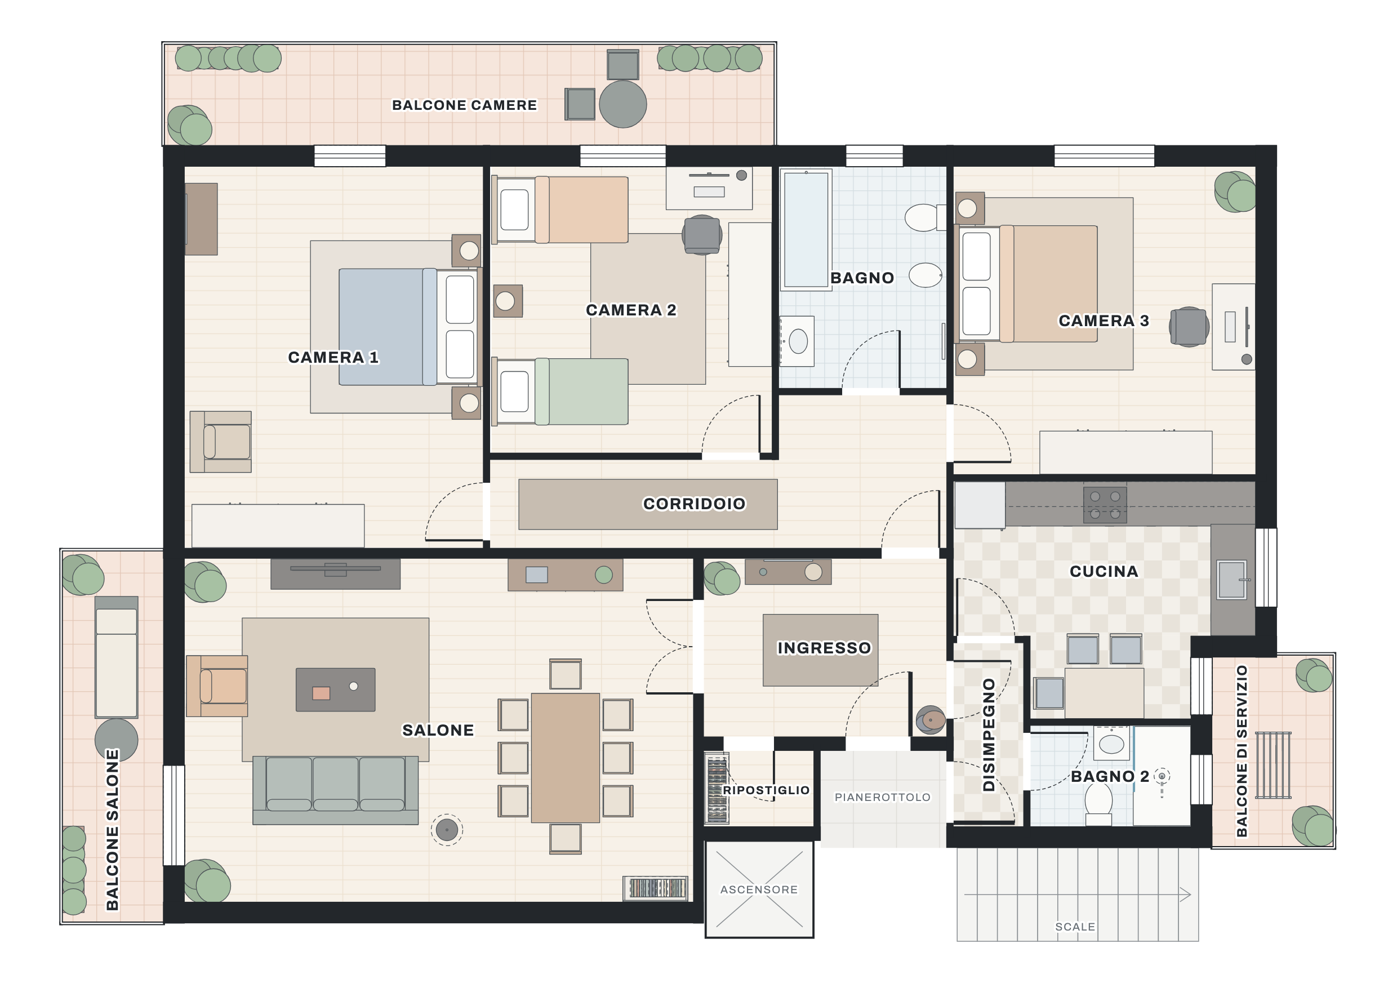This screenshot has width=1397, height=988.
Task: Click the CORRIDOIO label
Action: pyautogui.click(x=693, y=504)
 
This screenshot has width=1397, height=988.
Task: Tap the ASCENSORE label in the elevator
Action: pyautogui.click(x=759, y=889)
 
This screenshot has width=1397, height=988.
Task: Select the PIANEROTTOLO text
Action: pyautogui.click(x=882, y=797)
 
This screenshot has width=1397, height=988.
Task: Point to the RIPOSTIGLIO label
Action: pyautogui.click(x=766, y=790)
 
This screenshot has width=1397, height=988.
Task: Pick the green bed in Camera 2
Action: pyautogui.click(x=560, y=391)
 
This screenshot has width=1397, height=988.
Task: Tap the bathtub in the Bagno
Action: pyautogui.click(x=806, y=230)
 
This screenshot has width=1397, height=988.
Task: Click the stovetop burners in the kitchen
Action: pyautogui.click(x=1105, y=504)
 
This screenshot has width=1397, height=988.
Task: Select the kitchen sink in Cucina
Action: pyautogui.click(x=1232, y=579)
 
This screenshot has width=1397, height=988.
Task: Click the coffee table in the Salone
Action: pyautogui.click(x=335, y=689)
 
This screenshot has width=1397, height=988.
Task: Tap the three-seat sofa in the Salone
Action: pyautogui.click(x=335, y=790)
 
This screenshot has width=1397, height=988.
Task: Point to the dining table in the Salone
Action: pyautogui.click(x=565, y=758)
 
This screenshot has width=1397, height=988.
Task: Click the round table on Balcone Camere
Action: pyautogui.click(x=622, y=104)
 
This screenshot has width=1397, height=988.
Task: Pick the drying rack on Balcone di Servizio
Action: pyautogui.click(x=1273, y=765)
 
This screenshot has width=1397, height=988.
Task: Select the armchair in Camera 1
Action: pyautogui.click(x=220, y=442)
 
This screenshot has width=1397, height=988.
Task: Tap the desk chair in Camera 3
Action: pyautogui.click(x=1189, y=327)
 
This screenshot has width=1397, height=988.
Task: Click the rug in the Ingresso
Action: pyautogui.click(x=820, y=649)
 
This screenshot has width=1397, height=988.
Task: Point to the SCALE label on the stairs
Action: pyautogui.click(x=1075, y=927)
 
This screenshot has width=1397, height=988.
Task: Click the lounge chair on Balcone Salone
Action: pyautogui.click(x=116, y=657)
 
